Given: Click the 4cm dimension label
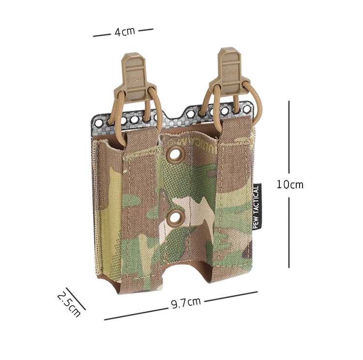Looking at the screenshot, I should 124,32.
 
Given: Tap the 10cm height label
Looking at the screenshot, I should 290,184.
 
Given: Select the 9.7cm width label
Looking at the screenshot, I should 186,303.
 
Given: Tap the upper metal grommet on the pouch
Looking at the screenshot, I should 172,155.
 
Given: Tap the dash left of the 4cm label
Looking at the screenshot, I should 102,35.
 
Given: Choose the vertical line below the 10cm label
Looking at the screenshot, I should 289,232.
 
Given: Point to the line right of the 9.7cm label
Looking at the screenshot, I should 231,296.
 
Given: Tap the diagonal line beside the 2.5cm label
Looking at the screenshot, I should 76,299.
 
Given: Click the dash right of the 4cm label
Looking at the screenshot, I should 145,30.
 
